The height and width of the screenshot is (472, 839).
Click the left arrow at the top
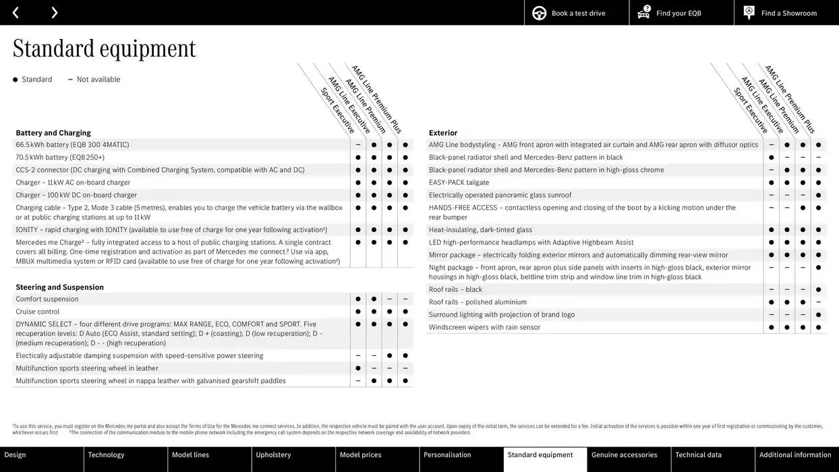point(16,13)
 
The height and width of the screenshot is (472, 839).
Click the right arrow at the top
point(54,13)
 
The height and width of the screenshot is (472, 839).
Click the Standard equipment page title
point(104,49)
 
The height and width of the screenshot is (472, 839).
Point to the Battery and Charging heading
point(53,133)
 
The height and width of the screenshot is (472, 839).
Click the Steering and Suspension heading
point(60,287)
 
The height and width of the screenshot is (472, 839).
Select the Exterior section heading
point(443,133)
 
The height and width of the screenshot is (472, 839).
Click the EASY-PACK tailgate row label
point(459,183)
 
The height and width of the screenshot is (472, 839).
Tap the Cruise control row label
point(38,312)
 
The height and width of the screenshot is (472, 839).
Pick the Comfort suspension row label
point(47,299)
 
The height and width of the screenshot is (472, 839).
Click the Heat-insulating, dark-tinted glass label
point(480,230)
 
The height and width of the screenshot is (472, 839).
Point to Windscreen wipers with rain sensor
point(484,328)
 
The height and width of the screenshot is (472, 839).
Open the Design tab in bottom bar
point(16,455)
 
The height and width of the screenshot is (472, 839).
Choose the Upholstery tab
point(273,455)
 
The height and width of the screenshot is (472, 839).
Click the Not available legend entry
point(98,80)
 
